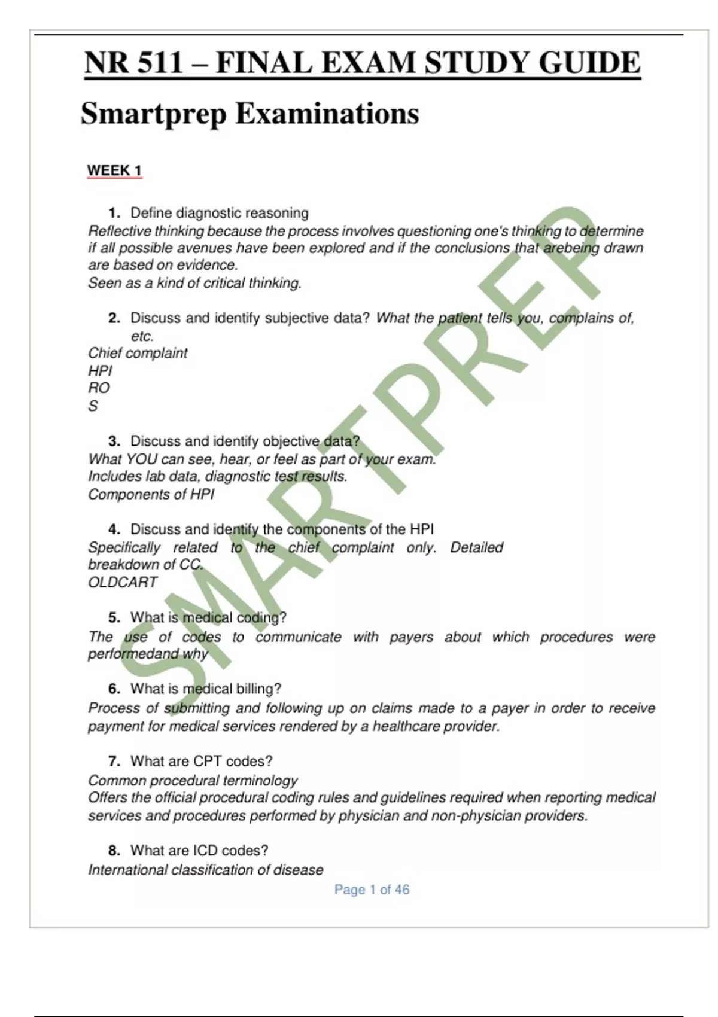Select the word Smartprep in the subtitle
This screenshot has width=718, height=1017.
coord(153,114)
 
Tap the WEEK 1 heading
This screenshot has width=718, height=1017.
coord(114,170)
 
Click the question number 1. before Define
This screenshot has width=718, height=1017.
coord(114,213)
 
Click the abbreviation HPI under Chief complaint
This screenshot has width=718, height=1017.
coord(100,371)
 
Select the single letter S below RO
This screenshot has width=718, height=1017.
coord(93,406)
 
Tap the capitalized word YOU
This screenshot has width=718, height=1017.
coord(141,459)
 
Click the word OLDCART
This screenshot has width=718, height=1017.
coord(123,582)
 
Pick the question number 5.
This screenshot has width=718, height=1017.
coord(114,617)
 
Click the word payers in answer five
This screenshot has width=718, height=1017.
coord(411,637)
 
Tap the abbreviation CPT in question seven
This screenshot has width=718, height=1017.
coord(208,762)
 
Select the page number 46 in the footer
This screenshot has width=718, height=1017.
coord(402,890)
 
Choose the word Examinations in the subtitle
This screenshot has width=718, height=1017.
coord(327,114)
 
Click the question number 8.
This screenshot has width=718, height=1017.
coord(114,851)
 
